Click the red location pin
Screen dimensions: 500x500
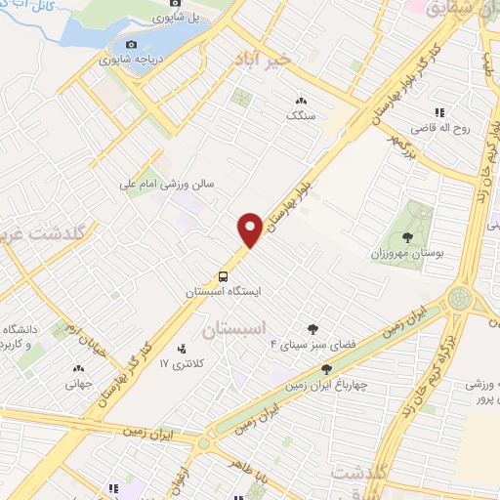tap(250, 229)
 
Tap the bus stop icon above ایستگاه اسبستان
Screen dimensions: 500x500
tap(224, 276)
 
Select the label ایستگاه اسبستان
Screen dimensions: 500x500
tap(225, 292)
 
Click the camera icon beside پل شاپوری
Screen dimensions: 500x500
tap(174, 16)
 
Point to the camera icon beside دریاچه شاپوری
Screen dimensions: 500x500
tap(131, 44)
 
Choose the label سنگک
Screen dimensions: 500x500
tap(300, 114)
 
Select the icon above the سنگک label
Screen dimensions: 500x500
tap(300, 100)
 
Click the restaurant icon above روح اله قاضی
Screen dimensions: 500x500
tap(441, 110)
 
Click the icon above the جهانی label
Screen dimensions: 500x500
tap(78, 369)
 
